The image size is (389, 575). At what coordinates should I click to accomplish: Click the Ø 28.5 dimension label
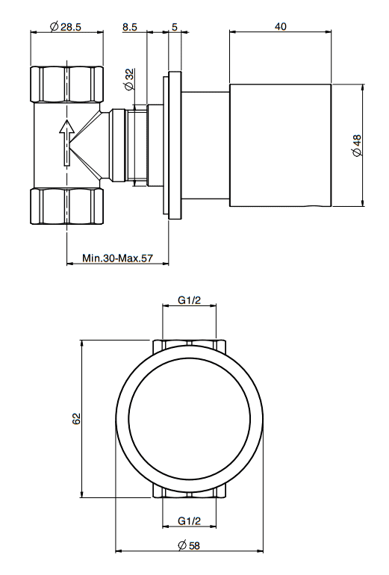coord(65,26)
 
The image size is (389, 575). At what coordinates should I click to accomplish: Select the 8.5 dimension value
coord(130,26)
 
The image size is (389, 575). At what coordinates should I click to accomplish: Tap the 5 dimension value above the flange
coord(175,26)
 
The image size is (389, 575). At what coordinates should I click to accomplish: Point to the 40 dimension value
coord(280,26)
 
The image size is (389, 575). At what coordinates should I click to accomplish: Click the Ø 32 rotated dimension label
coord(129,79)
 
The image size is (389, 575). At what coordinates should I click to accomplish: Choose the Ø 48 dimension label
coord(356,146)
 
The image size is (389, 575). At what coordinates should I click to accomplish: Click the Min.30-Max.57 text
coord(117,258)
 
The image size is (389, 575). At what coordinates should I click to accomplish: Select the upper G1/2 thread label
coord(189,300)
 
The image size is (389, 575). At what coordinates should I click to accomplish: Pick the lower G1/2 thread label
coord(189,520)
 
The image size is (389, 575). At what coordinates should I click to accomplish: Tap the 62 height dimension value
coord(76,418)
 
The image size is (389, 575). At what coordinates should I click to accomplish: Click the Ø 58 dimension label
coord(189,545)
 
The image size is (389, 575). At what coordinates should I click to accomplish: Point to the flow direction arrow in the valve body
coord(66,143)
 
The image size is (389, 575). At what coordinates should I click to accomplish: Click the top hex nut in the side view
coord(66,84)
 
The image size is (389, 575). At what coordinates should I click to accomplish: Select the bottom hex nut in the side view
coord(66,205)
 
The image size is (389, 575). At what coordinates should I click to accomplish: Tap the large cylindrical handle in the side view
coord(281,145)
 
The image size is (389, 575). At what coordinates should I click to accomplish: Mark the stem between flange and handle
coord(205,145)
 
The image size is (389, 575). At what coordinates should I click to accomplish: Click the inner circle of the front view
coord(190,419)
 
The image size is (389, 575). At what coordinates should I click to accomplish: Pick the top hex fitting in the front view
coord(190,346)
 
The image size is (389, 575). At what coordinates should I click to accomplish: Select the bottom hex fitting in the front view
coord(190,492)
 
